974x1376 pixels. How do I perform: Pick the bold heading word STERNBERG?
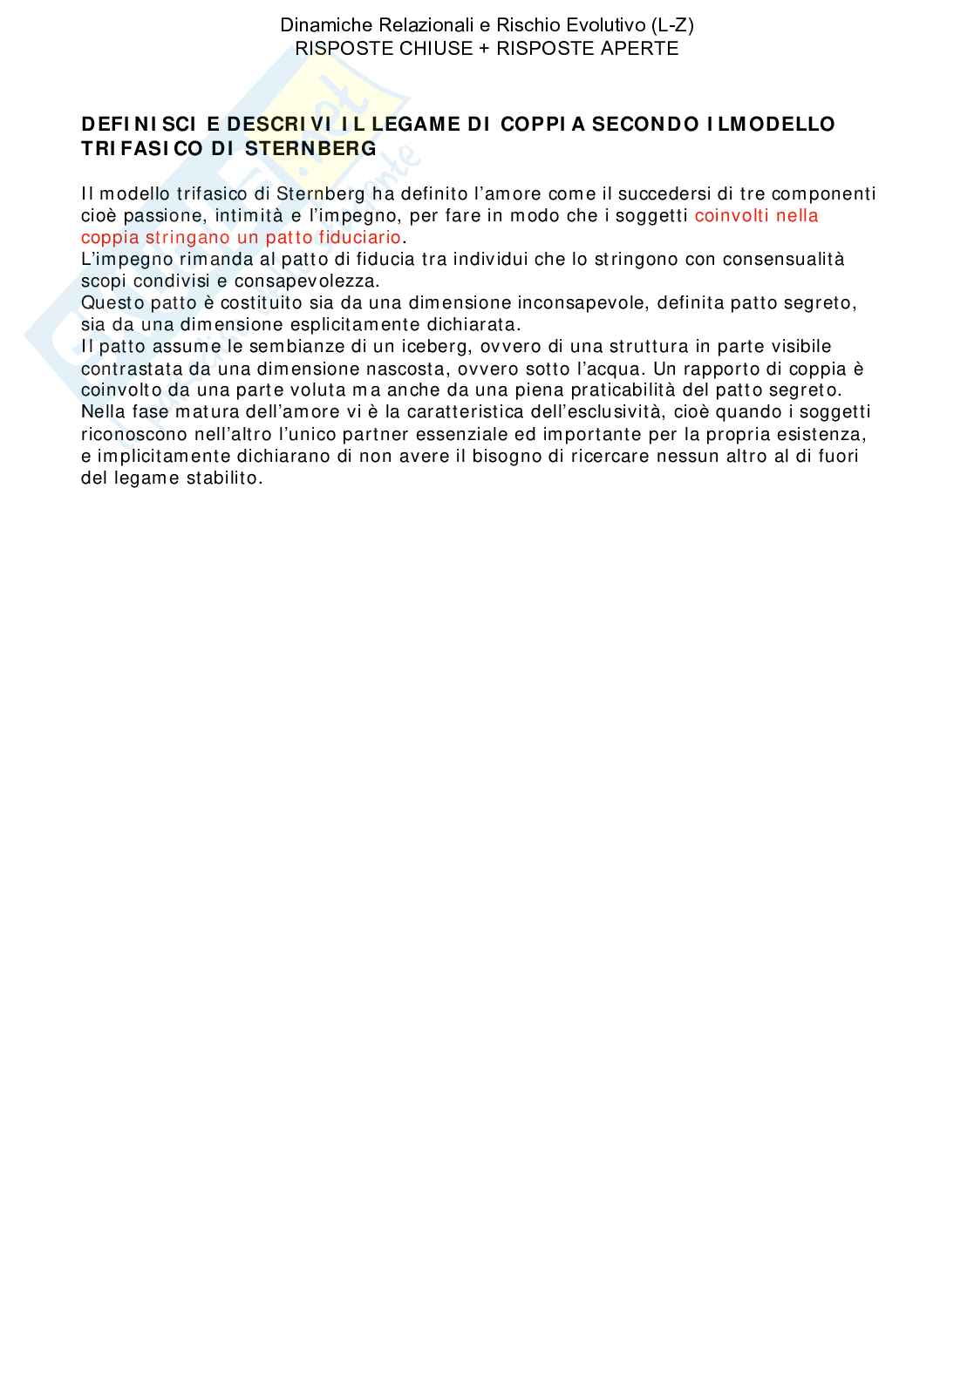point(310,149)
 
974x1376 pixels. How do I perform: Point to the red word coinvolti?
point(731,216)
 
